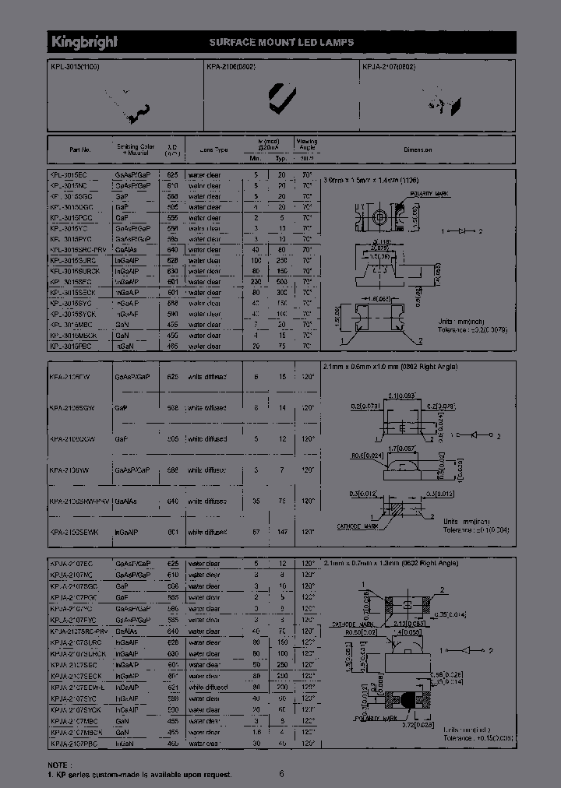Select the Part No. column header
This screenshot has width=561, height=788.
pos(80,149)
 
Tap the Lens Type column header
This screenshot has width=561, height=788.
pos(213,149)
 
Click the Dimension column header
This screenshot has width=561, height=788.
pos(418,149)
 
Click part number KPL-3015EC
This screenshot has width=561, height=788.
pos(70,175)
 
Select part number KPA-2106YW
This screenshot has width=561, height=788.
pos(69,470)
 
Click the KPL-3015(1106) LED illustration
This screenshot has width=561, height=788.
pos(133,108)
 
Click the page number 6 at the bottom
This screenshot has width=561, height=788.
pos(282,774)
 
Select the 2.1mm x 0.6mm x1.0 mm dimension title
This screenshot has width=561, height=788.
pos(379,366)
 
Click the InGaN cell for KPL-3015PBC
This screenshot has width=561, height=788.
pos(124,345)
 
